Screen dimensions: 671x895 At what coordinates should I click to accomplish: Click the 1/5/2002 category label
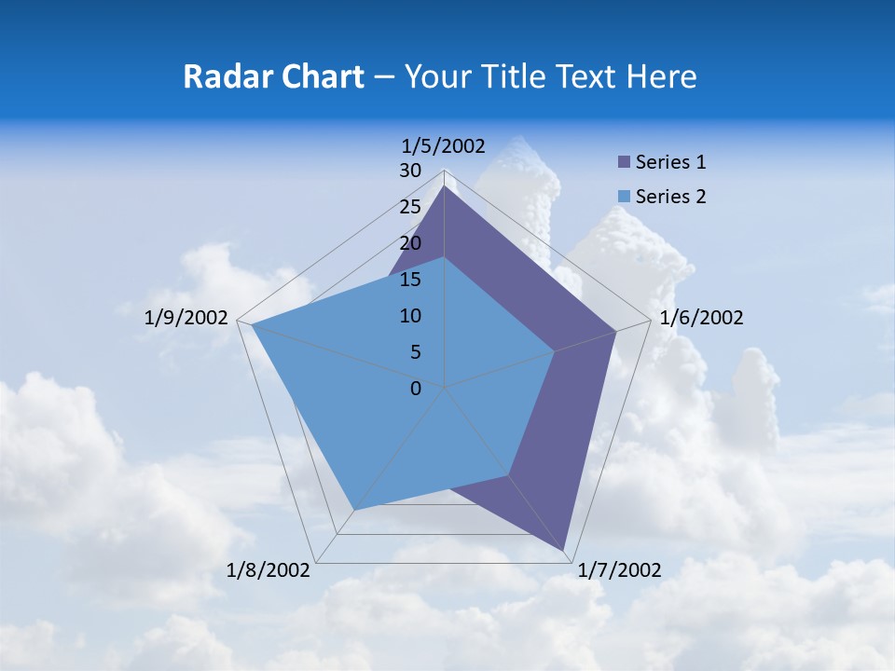[444, 145]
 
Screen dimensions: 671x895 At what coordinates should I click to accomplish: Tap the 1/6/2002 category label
[701, 318]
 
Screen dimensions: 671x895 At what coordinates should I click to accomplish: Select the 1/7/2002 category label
[619, 570]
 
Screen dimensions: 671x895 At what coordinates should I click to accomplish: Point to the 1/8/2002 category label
[268, 570]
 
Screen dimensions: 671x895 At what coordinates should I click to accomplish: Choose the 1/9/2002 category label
[186, 318]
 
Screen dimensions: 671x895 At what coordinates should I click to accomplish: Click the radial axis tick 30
[410, 171]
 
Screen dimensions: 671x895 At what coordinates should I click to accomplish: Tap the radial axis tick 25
[410, 207]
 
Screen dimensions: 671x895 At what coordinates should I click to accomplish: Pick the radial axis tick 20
[410, 243]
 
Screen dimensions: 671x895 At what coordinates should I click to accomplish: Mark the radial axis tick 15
[410, 280]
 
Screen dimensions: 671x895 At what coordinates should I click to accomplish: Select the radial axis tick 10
[410, 316]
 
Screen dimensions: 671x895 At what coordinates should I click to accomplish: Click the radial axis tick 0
[416, 389]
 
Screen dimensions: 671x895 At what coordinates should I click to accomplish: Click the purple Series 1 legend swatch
[625, 162]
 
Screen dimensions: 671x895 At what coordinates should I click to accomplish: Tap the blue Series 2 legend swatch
[625, 197]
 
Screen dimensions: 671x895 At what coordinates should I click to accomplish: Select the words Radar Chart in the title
[273, 76]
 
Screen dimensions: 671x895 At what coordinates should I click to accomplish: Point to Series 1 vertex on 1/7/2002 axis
[565, 550]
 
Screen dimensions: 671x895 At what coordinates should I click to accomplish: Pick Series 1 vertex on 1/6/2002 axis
[615, 331]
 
